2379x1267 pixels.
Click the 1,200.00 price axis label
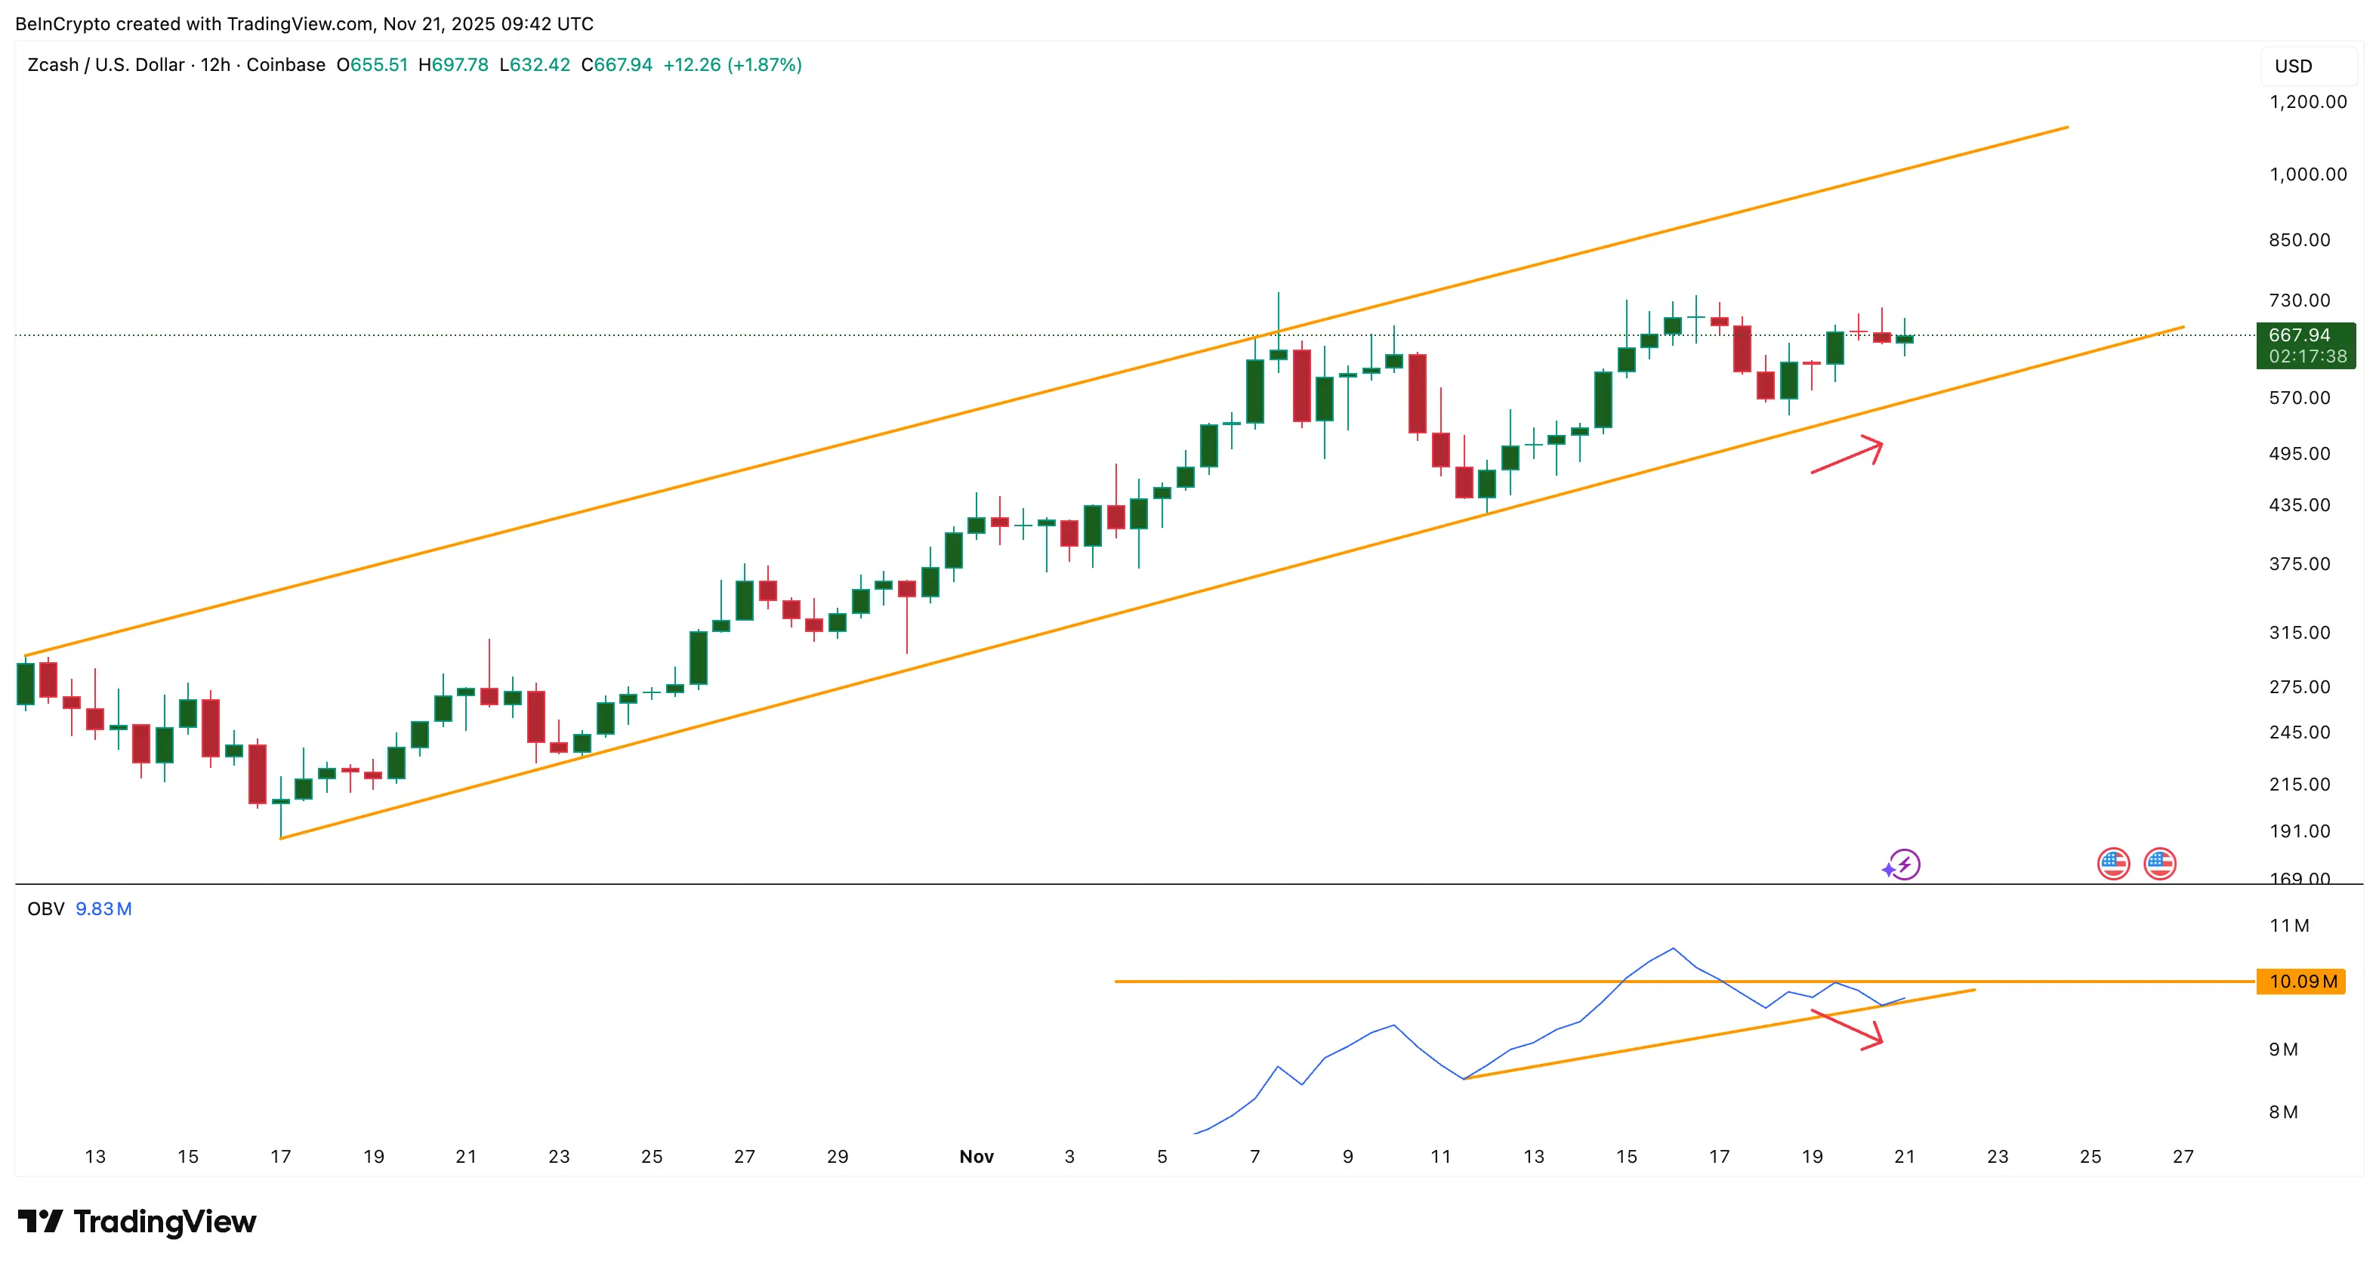(2307, 102)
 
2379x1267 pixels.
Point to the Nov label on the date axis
(977, 1156)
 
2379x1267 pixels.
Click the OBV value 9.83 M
(103, 908)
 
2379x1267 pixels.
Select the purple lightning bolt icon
(1902, 865)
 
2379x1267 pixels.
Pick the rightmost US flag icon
(2159, 865)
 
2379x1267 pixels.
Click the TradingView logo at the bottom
(137, 1222)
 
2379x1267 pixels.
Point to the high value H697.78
(452, 65)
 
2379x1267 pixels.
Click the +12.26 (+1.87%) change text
(733, 65)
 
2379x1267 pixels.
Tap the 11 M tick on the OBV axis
(2288, 925)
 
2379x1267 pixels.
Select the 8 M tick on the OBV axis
(2283, 1112)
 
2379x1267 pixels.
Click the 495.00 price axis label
(2299, 454)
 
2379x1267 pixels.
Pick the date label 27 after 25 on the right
(2183, 1156)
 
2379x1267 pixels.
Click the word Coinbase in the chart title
(285, 65)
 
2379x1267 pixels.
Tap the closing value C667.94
(616, 65)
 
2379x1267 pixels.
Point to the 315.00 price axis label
(2299, 633)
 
